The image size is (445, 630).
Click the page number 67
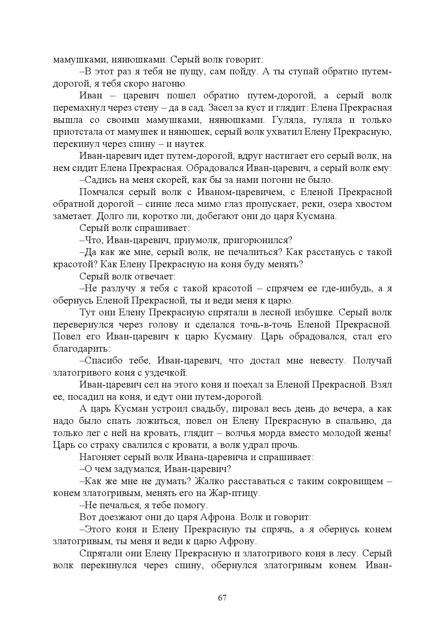point(222,598)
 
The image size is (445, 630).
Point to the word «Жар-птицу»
point(235,493)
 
